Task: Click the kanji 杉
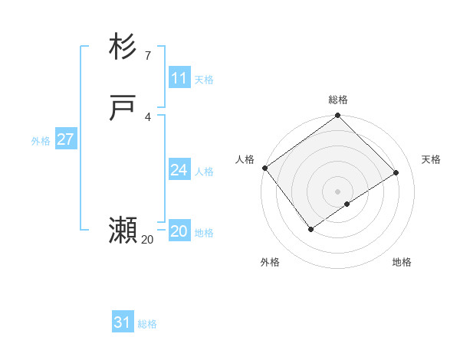pos(123,47)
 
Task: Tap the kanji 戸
pos(123,109)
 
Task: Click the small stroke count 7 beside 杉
pos(147,56)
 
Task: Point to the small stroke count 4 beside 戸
pos(147,117)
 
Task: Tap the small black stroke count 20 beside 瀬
pos(147,240)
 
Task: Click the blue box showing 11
pos(179,78)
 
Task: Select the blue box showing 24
pos(179,170)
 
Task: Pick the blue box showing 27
pos(65,139)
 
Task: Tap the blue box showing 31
pos(123,322)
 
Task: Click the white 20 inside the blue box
pos(179,231)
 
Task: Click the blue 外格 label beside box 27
pos(41,141)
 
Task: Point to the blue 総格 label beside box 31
pos(147,324)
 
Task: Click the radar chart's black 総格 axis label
pos(338,100)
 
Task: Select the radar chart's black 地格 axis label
pos(402,262)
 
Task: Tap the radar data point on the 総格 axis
pos(338,116)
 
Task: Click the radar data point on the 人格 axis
pos(264,168)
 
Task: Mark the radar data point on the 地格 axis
pos(347,204)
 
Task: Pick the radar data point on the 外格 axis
pos(311,229)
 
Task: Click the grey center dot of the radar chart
pos(338,191)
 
